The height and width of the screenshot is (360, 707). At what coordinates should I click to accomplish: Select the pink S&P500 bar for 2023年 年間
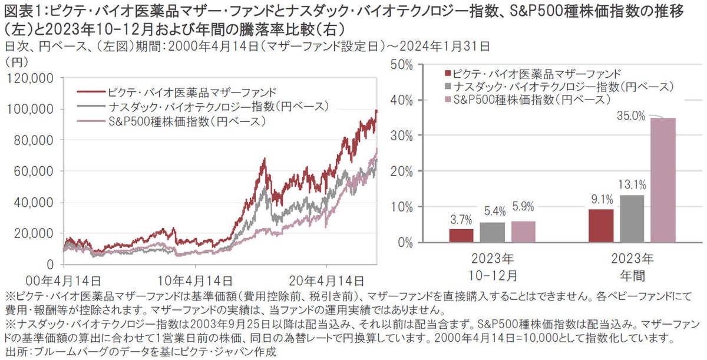(x=663, y=180)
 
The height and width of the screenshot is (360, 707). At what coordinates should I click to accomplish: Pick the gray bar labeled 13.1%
(x=633, y=219)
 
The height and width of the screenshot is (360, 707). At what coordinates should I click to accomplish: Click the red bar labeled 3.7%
(x=461, y=235)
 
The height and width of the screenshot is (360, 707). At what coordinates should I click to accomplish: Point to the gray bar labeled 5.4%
(x=491, y=232)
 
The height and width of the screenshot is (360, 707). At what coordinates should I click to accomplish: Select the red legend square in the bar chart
(x=448, y=74)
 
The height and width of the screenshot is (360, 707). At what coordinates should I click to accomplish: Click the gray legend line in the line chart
(x=91, y=107)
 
